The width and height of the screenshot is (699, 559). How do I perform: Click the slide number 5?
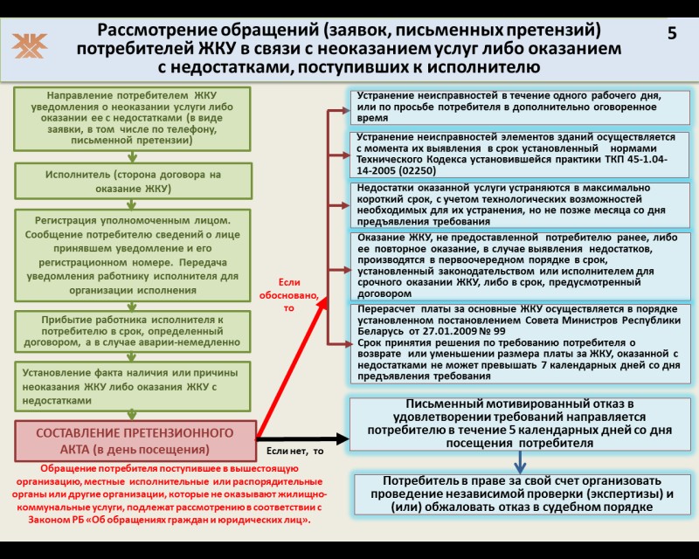click(x=672, y=34)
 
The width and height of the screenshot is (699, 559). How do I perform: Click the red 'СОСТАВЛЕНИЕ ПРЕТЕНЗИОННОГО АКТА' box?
click(x=135, y=441)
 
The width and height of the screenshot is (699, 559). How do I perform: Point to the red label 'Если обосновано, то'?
click(x=289, y=294)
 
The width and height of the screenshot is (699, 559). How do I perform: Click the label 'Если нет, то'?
click(x=294, y=451)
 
